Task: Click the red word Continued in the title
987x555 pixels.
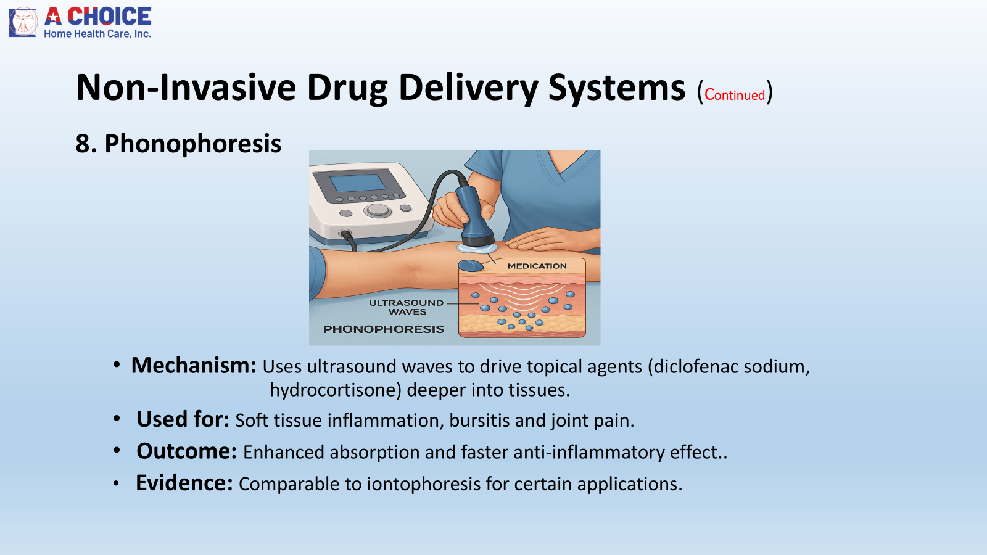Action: click(x=735, y=95)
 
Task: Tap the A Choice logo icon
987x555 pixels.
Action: click(x=23, y=22)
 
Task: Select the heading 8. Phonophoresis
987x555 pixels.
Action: click(x=178, y=144)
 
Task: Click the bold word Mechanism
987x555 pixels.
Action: click(x=194, y=366)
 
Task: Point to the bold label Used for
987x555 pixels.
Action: click(x=183, y=419)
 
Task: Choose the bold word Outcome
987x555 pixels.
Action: click(x=186, y=451)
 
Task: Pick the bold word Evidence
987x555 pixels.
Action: click(x=184, y=483)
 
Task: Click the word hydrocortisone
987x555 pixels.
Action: click(x=335, y=390)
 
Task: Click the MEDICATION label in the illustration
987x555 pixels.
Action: click(x=537, y=266)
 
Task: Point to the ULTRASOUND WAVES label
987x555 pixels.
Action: click(x=407, y=307)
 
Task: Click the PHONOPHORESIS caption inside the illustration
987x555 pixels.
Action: click(x=384, y=329)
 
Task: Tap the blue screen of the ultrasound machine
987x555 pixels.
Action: click(x=358, y=183)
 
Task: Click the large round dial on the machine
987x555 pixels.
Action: click(x=378, y=210)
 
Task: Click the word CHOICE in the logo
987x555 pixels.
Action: click(x=109, y=16)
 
